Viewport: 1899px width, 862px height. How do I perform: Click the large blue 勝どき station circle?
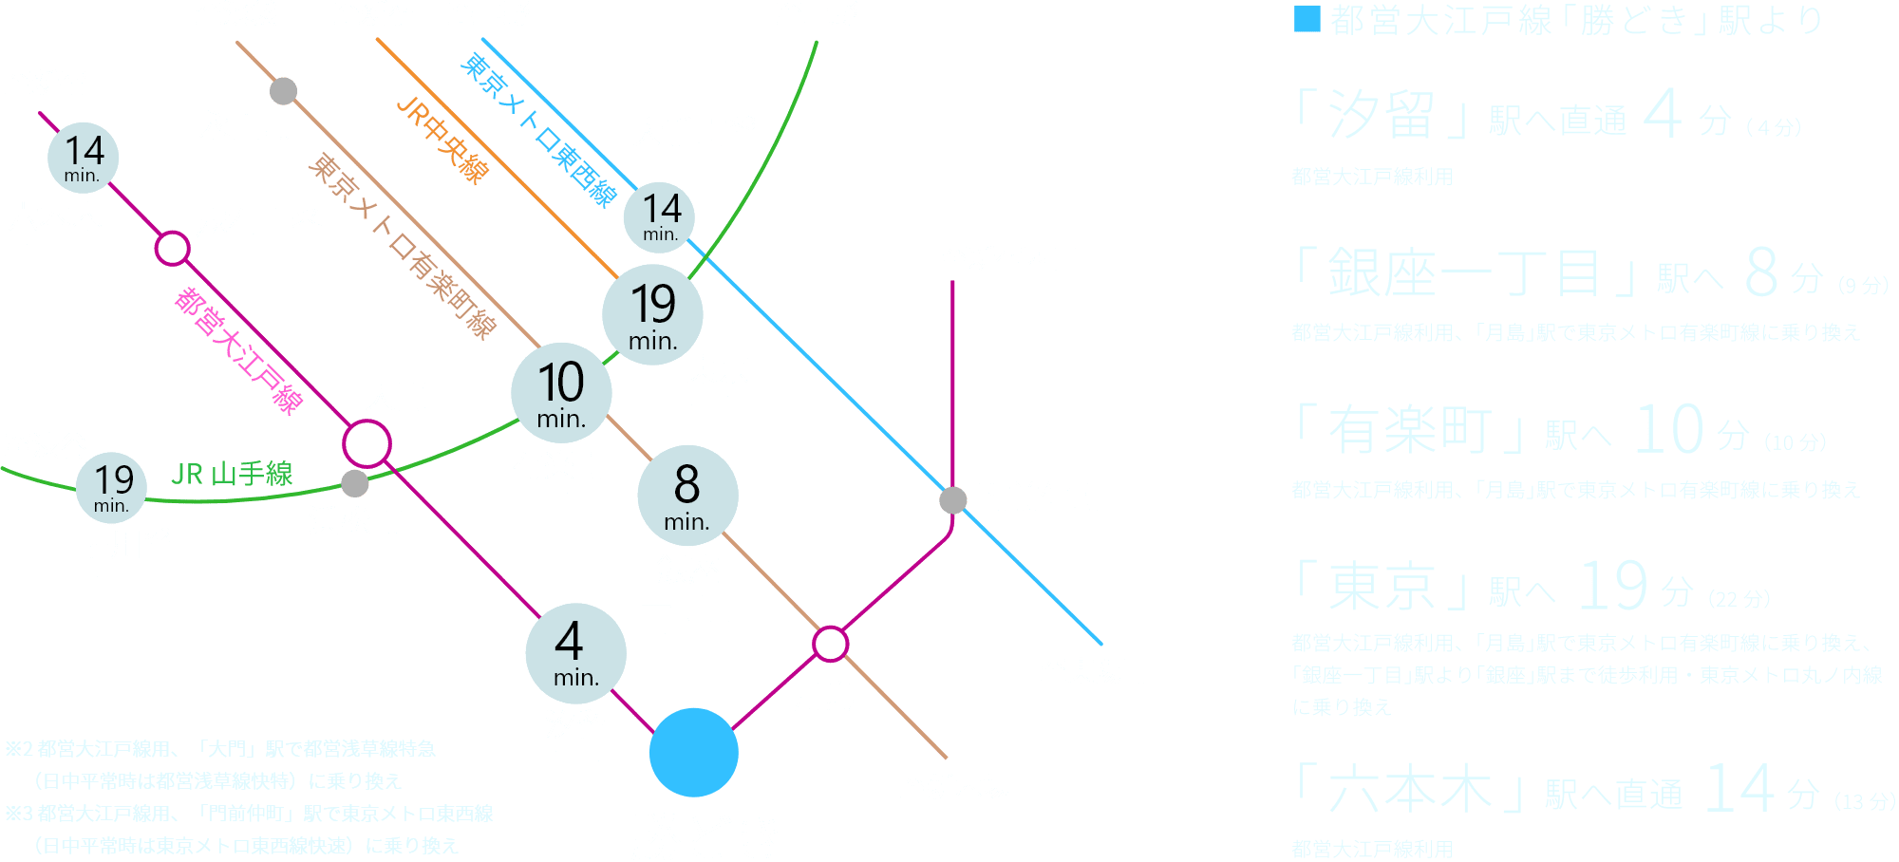coord(694,752)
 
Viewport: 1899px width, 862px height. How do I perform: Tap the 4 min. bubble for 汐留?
coord(575,653)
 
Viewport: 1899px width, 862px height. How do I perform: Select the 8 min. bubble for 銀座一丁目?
coord(686,496)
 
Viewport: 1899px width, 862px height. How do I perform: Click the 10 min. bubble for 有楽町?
coord(561,393)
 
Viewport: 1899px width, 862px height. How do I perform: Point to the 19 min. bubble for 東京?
coord(652,315)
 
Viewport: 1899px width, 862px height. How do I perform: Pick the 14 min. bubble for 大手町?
coord(660,217)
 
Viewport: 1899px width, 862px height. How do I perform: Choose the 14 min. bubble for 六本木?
coord(84,158)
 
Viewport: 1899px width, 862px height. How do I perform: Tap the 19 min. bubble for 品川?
coord(112,488)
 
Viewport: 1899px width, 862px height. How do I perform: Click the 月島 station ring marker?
coord(830,643)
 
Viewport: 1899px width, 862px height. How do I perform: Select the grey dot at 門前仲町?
coord(952,500)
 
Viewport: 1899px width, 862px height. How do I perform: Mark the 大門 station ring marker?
coord(367,443)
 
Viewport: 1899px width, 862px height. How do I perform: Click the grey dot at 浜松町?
coord(354,483)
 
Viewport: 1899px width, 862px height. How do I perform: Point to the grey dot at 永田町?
coord(283,91)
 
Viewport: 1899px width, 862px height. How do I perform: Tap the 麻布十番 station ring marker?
coord(172,249)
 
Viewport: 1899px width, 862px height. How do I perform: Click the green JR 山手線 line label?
coord(232,473)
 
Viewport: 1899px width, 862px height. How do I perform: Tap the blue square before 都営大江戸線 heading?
coord(1307,19)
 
